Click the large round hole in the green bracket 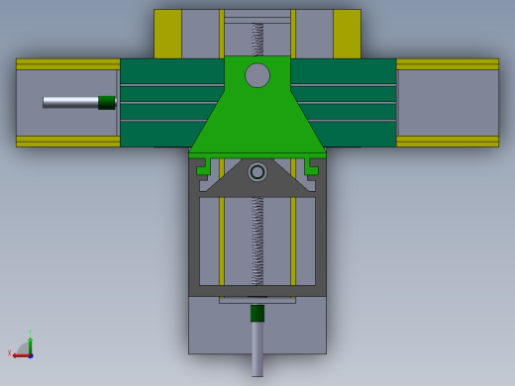[257, 75]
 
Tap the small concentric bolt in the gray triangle [257, 172]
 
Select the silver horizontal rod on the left [69, 102]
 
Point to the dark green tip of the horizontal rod [107, 102]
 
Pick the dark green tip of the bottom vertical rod [257, 313]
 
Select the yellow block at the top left [167, 34]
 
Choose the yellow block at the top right [347, 34]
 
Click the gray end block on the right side [447, 103]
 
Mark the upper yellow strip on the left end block [67, 64]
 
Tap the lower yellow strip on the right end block [447, 142]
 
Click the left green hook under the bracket [202, 168]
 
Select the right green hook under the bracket [313, 168]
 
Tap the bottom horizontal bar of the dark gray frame [257, 291]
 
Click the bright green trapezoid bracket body [257, 124]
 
